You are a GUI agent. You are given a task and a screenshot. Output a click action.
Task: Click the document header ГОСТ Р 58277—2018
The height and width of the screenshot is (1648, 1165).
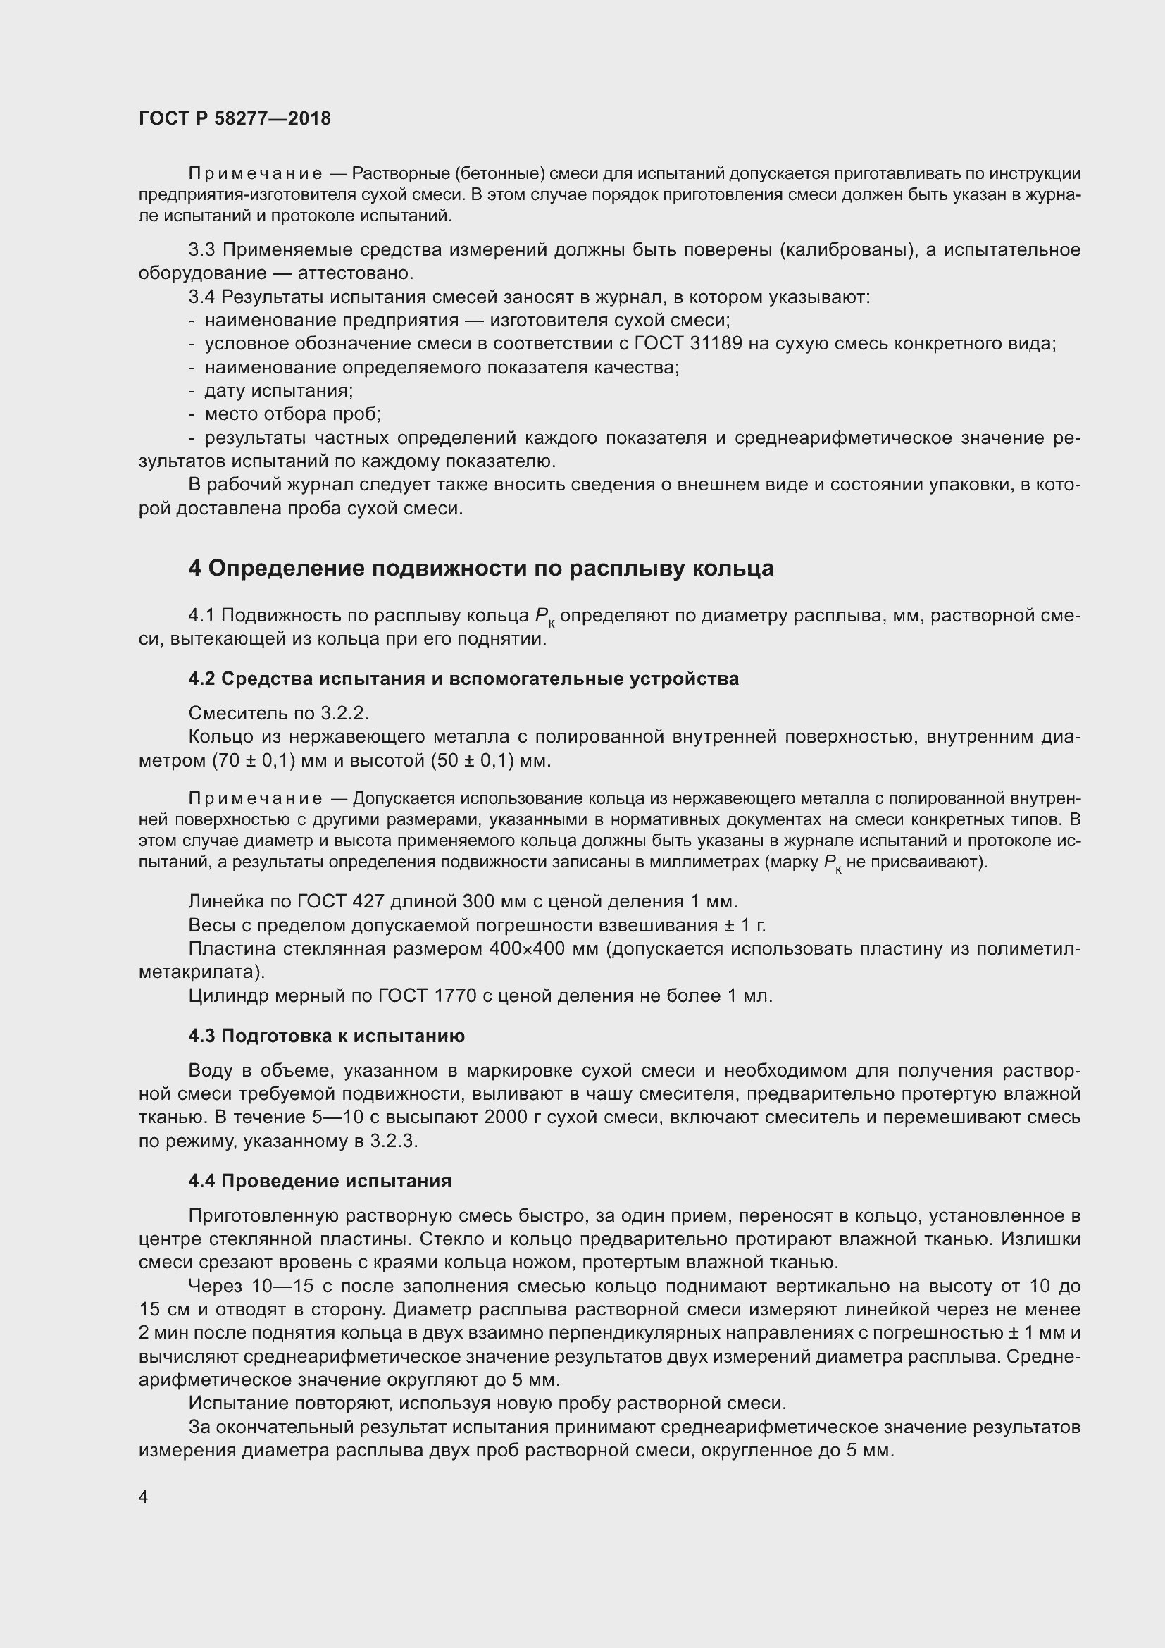point(235,119)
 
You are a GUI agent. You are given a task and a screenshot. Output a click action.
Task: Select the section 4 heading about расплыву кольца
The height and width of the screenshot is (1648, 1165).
point(480,569)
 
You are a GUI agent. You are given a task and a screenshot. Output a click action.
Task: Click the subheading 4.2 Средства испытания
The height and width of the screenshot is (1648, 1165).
point(463,679)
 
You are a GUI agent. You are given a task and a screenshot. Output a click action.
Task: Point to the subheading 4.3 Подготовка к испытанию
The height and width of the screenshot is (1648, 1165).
point(326,1036)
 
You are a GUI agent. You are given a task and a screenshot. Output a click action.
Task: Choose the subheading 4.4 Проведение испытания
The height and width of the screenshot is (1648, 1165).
point(320,1181)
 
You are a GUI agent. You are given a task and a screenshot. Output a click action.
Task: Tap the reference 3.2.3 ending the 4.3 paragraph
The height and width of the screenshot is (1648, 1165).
point(393,1141)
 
